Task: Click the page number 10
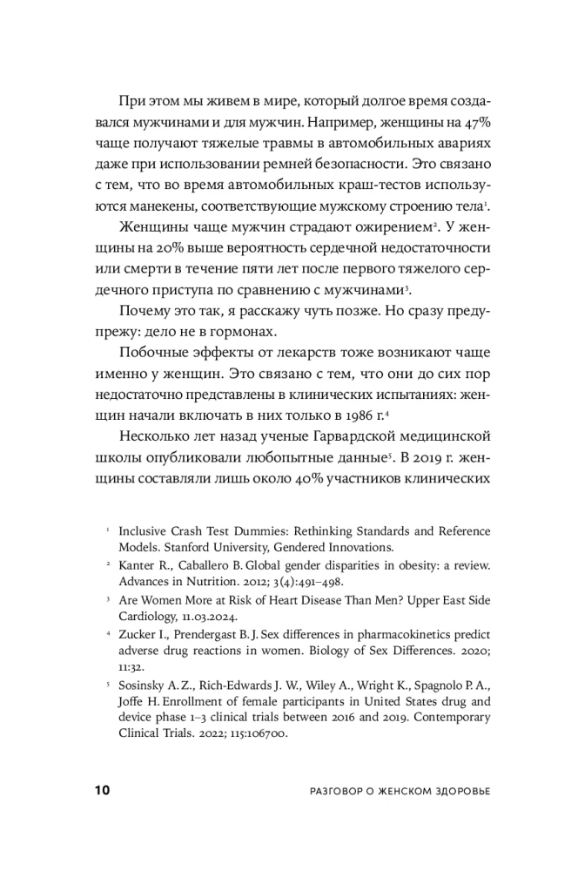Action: point(101,790)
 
